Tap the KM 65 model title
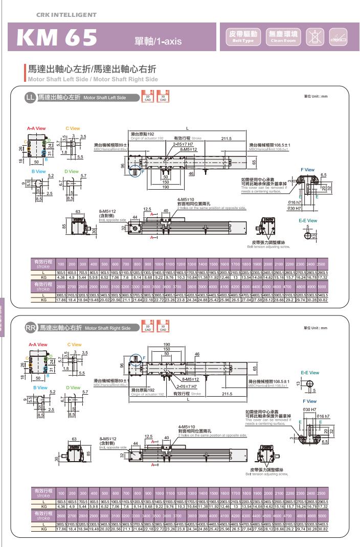click(57, 37)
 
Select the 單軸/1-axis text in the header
click(154, 41)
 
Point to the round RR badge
click(31, 327)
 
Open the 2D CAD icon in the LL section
click(148, 97)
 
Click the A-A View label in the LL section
click(37, 128)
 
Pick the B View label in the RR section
click(39, 388)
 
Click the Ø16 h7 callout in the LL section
click(309, 203)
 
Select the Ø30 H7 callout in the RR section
click(308, 409)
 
